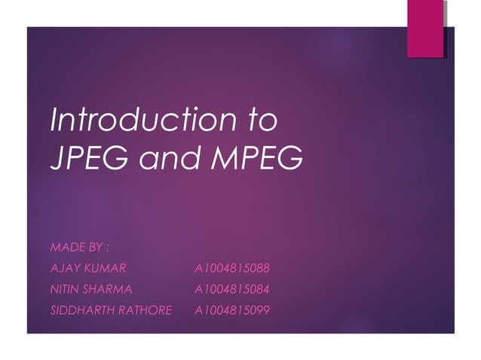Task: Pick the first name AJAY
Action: tap(62, 267)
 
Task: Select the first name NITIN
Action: tap(63, 288)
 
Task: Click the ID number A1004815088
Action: tap(231, 267)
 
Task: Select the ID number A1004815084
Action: tap(231, 288)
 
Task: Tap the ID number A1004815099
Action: tap(231, 310)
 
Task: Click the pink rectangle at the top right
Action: tap(424, 28)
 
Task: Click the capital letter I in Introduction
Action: tap(53, 121)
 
